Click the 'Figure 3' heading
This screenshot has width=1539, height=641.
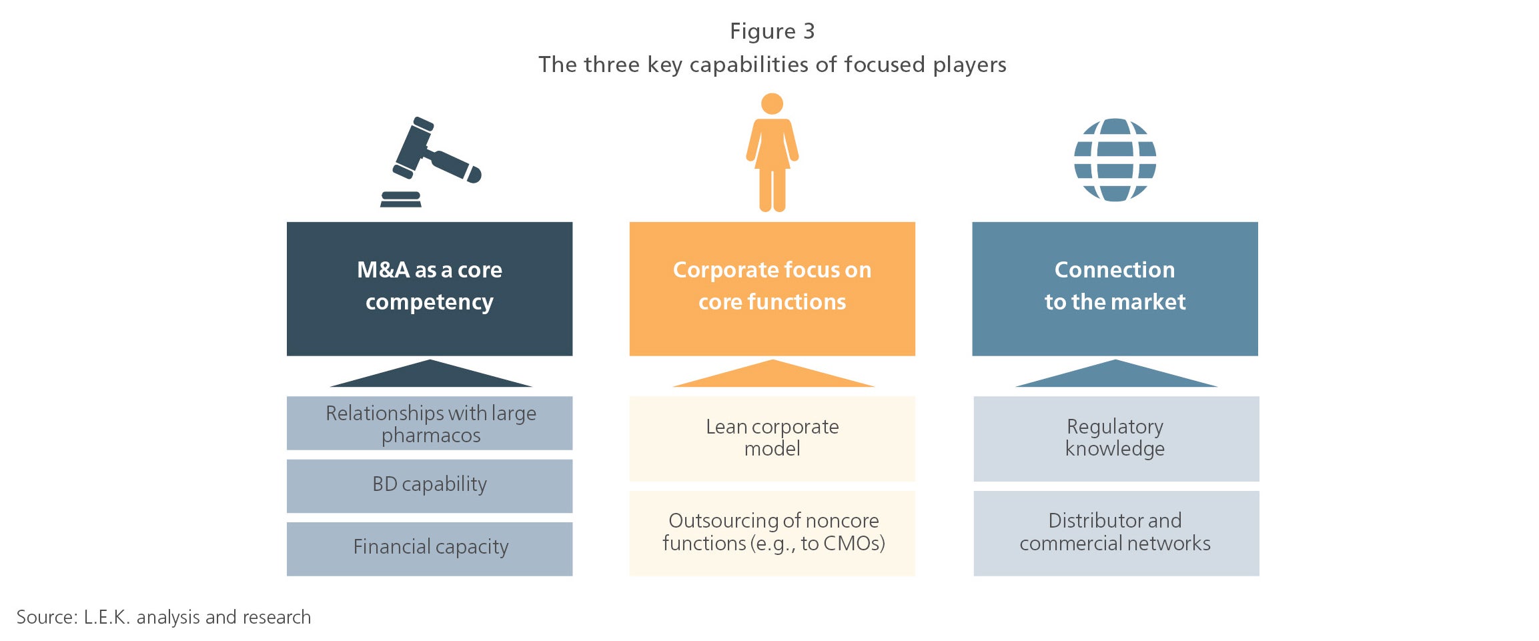pos(772,31)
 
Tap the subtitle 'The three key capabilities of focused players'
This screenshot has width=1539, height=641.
pos(772,65)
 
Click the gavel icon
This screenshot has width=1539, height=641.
pos(430,162)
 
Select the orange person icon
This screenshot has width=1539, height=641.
pos(772,153)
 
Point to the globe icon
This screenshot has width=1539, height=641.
pos(1115,160)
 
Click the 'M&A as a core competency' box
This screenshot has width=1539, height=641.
pos(430,289)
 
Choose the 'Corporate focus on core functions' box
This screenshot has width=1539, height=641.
pos(772,289)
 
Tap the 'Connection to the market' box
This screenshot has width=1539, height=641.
pos(1115,289)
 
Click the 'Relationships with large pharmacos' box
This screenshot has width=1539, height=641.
pos(430,424)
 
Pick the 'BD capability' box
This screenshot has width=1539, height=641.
pos(430,486)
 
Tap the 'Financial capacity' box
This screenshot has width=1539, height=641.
pos(430,549)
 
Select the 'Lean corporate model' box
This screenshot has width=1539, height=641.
pos(772,439)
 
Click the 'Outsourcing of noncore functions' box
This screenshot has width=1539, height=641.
pos(772,534)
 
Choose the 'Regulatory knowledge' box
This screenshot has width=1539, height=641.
pos(1116,439)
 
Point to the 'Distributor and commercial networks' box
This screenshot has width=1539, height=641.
pos(1116,534)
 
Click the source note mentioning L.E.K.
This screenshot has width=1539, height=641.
pos(163,617)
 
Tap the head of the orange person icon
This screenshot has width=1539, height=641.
pos(772,103)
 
